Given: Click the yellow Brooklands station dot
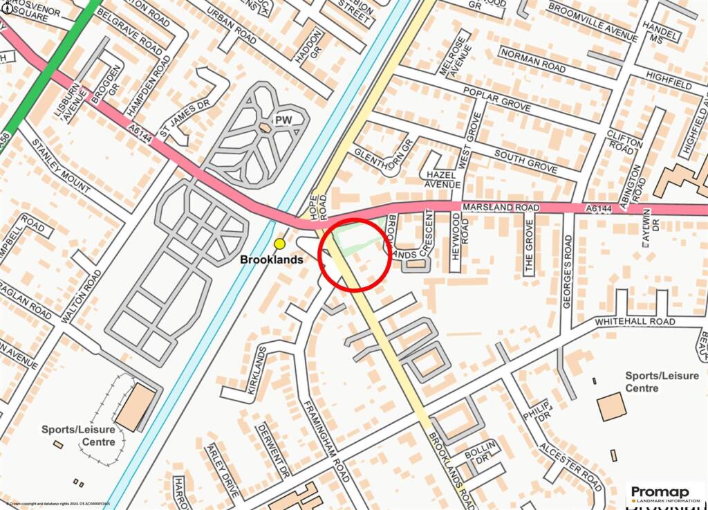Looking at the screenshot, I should (x=279, y=244).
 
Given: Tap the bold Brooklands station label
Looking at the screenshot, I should (x=272, y=259).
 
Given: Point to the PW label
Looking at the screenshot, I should (x=283, y=120).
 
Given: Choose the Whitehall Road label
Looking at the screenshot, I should (x=635, y=322).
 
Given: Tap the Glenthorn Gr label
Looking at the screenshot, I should (x=382, y=157).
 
